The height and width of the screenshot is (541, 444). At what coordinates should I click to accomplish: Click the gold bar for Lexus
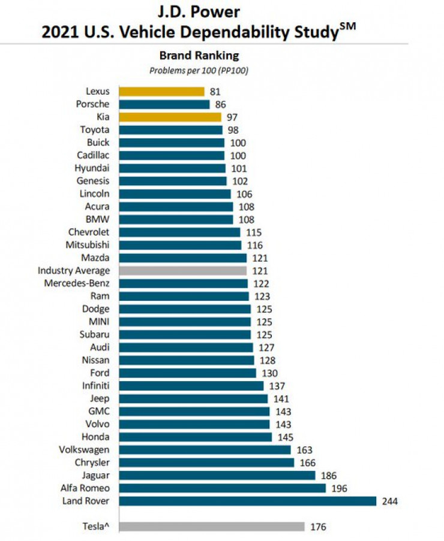pyautogui.click(x=161, y=91)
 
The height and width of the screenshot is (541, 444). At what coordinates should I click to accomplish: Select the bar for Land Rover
pyautogui.click(x=247, y=501)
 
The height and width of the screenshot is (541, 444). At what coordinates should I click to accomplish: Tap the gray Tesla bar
pyautogui.click(x=211, y=527)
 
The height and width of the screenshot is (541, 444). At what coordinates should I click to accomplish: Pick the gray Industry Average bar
pyautogui.click(x=182, y=271)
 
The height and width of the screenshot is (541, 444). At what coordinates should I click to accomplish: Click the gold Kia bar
pyautogui.click(x=170, y=117)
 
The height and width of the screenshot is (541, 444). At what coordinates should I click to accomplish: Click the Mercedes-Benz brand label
pyautogui.click(x=77, y=283)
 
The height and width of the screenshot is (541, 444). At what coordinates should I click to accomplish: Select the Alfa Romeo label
pyautogui.click(x=85, y=488)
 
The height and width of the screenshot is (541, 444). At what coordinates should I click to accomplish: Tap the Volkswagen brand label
pyautogui.click(x=84, y=449)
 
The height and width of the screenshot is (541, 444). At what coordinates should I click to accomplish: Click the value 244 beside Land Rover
pyautogui.click(x=390, y=501)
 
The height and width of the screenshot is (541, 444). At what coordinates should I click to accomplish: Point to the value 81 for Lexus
pyautogui.click(x=215, y=92)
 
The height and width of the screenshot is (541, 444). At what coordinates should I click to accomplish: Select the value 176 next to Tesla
pyautogui.click(x=318, y=527)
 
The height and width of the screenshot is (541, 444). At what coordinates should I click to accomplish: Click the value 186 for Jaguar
pyautogui.click(x=329, y=476)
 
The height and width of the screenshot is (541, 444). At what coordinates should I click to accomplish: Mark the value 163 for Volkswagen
pyautogui.click(x=304, y=450)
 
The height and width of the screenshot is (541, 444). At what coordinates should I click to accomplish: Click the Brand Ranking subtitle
pyautogui.click(x=199, y=56)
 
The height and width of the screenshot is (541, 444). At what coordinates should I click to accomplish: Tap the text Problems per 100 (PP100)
pyautogui.click(x=199, y=70)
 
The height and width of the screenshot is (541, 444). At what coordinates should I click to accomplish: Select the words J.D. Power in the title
pyautogui.click(x=198, y=12)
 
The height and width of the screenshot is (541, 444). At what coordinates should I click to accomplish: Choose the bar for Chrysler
pyautogui.click(x=206, y=463)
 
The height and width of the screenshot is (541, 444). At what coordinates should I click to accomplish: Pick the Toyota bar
pyautogui.click(x=170, y=129)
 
